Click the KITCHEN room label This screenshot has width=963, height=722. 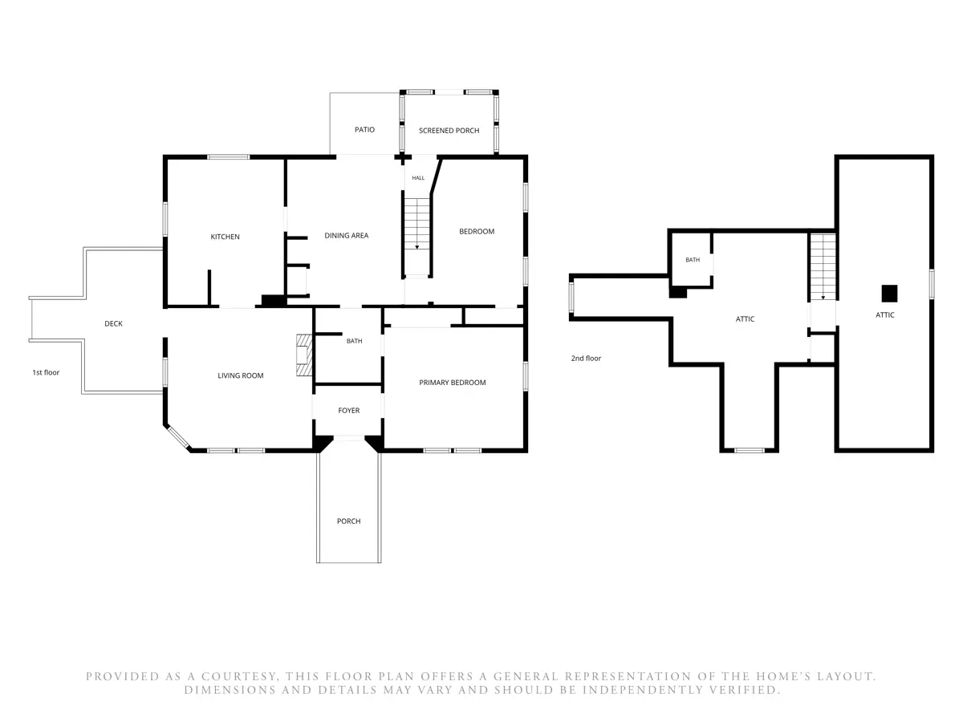[225, 237]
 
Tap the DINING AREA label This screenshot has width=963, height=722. [346, 235]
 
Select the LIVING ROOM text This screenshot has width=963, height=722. [241, 375]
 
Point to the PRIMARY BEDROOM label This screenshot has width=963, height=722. [453, 383]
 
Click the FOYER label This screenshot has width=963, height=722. [349, 410]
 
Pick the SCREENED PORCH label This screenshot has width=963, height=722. [449, 130]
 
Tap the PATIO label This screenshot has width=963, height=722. [364, 129]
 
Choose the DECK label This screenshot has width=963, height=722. [113, 323]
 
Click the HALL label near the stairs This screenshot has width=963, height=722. [418, 177]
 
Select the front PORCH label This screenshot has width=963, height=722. [349, 521]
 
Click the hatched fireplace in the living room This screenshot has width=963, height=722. [304, 355]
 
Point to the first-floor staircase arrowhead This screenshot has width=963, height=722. [416, 247]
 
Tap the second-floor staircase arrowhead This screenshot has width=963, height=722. [823, 298]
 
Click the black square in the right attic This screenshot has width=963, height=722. [889, 294]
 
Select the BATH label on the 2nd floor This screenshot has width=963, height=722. [693, 259]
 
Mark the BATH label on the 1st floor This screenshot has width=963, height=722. [355, 341]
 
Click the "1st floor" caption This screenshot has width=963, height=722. [46, 372]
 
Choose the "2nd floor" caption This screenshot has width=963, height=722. [586, 358]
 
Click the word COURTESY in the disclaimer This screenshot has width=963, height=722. [239, 676]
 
